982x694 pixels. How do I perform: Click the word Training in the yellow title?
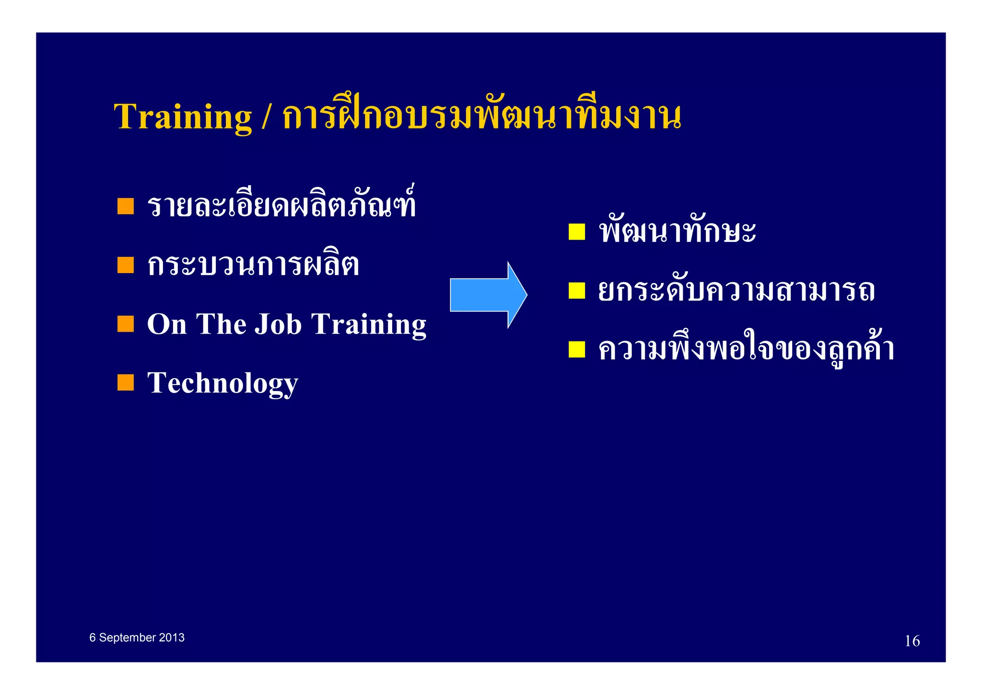[183, 116]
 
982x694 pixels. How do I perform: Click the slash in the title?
[266, 116]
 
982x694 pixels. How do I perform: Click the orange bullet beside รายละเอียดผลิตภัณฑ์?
[126, 206]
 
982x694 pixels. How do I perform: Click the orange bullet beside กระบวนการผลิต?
[126, 265]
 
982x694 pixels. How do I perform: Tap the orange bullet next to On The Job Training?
[126, 324]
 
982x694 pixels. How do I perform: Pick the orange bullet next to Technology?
[126, 382]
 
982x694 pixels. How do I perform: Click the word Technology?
[222, 383]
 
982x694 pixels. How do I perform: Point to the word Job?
[278, 324]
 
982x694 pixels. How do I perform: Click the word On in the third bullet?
[166, 324]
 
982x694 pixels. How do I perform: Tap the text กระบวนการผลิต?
[253, 265]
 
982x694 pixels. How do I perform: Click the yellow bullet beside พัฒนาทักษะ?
[577, 232]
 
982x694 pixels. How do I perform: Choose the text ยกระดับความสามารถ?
[736, 291]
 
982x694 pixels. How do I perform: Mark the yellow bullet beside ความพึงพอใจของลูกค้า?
[577, 349]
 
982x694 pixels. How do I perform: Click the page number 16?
[912, 641]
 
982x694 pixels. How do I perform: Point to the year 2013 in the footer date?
[172, 637]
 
